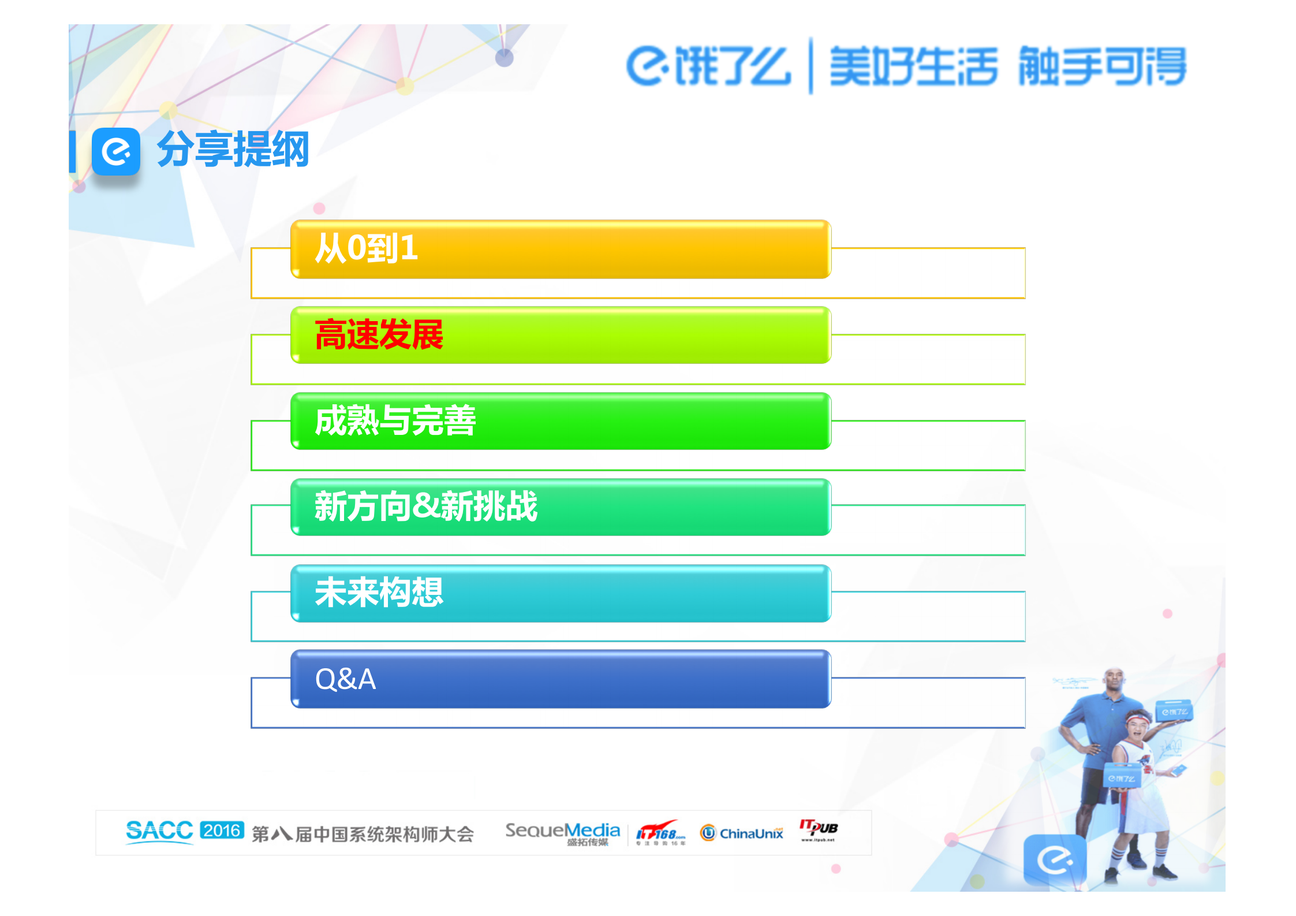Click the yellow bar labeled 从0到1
tap(560, 250)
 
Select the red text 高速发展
tap(379, 335)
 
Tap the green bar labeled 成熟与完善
tap(560, 421)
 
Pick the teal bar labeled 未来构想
tap(560, 593)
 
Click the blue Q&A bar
tap(560, 679)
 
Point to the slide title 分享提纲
tap(233, 150)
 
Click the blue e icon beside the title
tap(116, 151)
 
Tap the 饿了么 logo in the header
tap(708, 66)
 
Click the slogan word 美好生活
tap(913, 66)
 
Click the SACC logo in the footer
tap(159, 832)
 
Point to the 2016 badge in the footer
tap(222, 831)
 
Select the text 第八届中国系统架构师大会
tap(363, 834)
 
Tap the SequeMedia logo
tap(562, 832)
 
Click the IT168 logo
tap(660, 833)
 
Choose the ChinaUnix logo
tap(742, 833)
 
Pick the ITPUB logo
tap(818, 829)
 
